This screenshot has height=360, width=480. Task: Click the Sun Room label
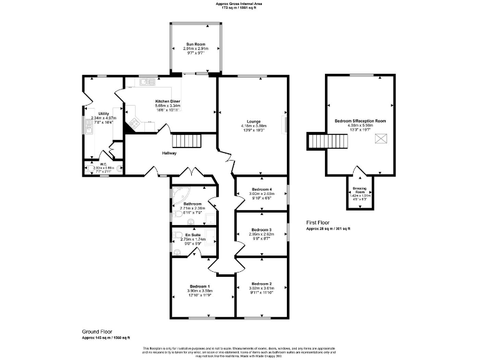pyautogui.click(x=194, y=44)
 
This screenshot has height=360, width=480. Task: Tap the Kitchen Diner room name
pyautogui.click(x=167, y=101)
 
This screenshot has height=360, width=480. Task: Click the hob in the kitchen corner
pyautogui.click(x=133, y=125)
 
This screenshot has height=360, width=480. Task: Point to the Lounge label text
pyautogui.click(x=253, y=121)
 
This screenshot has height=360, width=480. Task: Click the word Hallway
pyautogui.click(x=169, y=153)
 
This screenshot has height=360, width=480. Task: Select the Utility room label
pyautogui.click(x=104, y=113)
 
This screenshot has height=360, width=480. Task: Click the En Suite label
pyautogui.click(x=192, y=235)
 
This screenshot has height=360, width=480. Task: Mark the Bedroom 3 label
pyautogui.click(x=261, y=230)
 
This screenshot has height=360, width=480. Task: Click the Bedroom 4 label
pyautogui.click(x=261, y=189)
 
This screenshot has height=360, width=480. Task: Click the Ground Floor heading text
pyautogui.click(x=99, y=331)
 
